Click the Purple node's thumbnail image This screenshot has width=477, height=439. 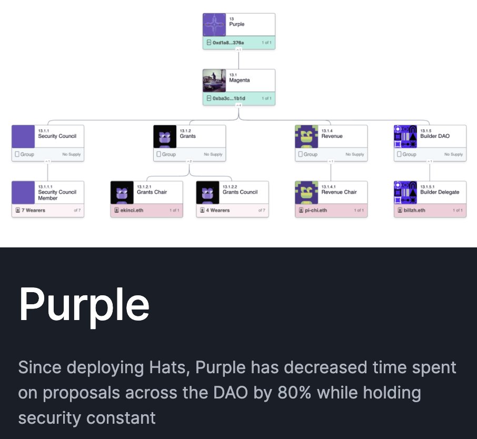pyautogui.click(x=215, y=25)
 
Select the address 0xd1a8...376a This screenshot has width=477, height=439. pyautogui.click(x=228, y=43)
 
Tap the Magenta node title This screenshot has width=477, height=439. pyautogui.click(x=240, y=81)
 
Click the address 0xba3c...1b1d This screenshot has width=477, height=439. pyautogui.click(x=228, y=98)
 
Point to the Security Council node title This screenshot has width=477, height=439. pyautogui.click(x=57, y=136)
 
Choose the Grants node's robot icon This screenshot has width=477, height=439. pyautogui.click(x=165, y=136)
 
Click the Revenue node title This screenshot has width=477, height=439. pyautogui.click(x=332, y=136)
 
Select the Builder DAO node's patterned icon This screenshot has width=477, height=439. pyautogui.click(x=405, y=136)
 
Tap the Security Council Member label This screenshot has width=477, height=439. pyautogui.click(x=57, y=195)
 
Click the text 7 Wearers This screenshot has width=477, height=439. pyautogui.click(x=33, y=211)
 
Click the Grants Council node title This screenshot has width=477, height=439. pyautogui.click(x=240, y=192)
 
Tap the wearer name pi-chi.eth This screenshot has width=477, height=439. pyautogui.click(x=316, y=211)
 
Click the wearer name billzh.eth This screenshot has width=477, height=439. pyautogui.click(x=415, y=211)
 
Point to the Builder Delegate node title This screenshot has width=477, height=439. pyautogui.click(x=440, y=192)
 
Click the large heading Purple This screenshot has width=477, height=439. pyautogui.click(x=84, y=305)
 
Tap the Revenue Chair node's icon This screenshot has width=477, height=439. pyautogui.click(x=306, y=193)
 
